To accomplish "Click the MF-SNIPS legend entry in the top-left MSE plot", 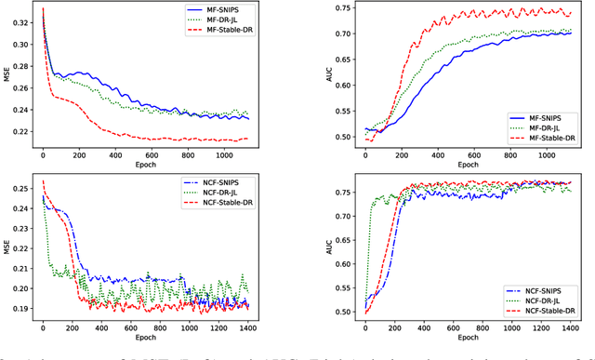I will [x=226, y=12].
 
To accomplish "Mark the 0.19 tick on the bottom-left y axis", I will [x=20, y=307].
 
